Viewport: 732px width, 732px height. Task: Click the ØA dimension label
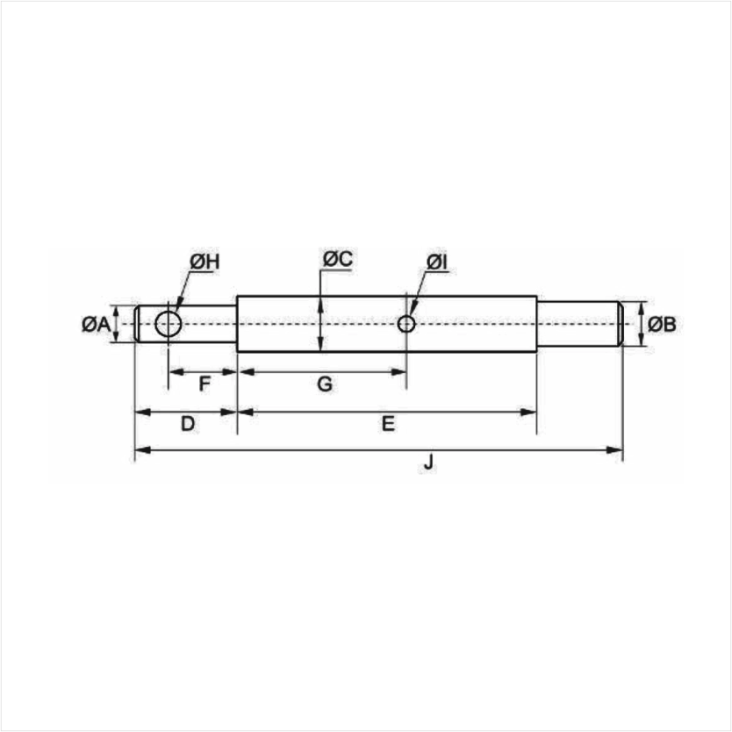[96, 324]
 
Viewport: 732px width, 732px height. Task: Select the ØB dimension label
[662, 324]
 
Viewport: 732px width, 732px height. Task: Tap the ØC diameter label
[338, 259]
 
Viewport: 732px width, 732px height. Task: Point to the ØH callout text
[205, 262]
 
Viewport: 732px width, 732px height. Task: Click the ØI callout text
[437, 262]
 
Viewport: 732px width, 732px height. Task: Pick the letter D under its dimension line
[188, 424]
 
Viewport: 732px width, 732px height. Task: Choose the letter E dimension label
[388, 424]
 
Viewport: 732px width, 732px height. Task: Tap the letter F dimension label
[205, 384]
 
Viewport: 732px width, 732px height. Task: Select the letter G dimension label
[325, 384]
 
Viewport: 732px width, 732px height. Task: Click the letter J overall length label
[428, 463]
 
